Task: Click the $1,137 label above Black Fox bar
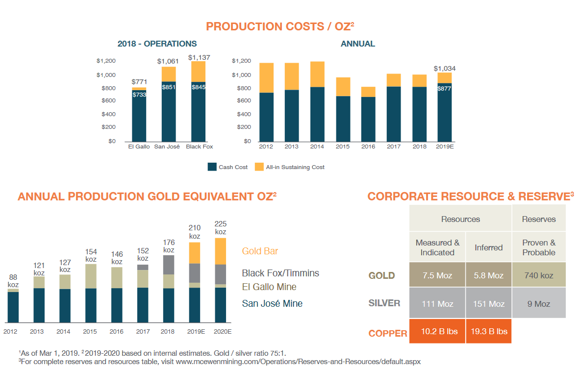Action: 199,57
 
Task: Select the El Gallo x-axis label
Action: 139,146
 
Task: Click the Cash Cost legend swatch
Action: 212,167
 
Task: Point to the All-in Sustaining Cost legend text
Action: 295,167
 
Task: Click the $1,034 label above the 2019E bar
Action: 445,69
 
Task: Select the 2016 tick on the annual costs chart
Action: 369,146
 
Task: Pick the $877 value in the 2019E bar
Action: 444,89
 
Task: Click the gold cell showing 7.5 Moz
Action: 437,275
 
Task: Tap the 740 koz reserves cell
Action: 539,275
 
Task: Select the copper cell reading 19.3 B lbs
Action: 488,331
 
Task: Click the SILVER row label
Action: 384,303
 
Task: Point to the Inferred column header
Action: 488,247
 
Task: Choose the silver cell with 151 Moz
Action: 488,304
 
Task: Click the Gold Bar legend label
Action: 260,251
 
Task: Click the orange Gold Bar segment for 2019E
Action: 195,253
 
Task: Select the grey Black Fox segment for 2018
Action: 169,265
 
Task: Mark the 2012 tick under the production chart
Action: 11,332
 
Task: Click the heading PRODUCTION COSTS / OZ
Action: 287,26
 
